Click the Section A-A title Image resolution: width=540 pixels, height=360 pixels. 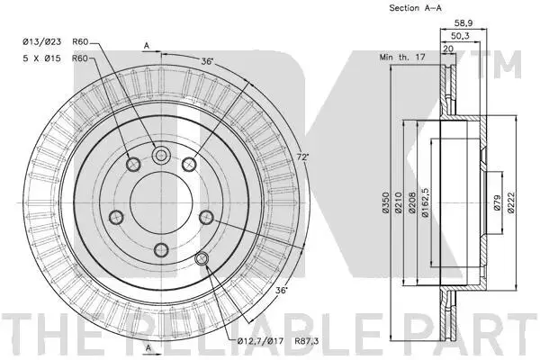click(415, 8)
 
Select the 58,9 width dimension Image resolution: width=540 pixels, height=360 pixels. click(463, 23)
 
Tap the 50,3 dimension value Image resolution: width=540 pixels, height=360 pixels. click(460, 36)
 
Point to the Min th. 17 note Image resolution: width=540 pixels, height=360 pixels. click(402, 57)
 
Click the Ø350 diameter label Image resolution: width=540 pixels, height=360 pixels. click(386, 202)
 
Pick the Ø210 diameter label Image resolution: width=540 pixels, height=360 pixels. click(399, 202)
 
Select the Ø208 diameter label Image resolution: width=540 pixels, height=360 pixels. click(412, 202)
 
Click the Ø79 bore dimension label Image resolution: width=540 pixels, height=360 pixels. click(498, 202)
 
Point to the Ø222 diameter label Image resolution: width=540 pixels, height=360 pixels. click(510, 202)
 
